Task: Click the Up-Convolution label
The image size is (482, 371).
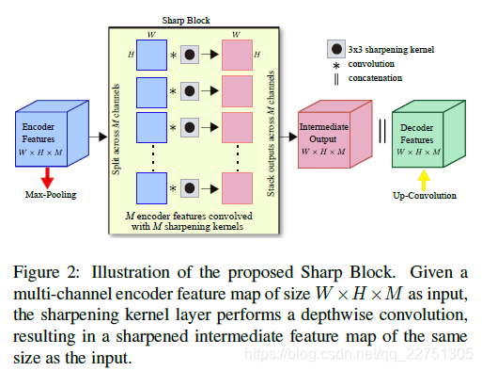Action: tap(425, 196)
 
